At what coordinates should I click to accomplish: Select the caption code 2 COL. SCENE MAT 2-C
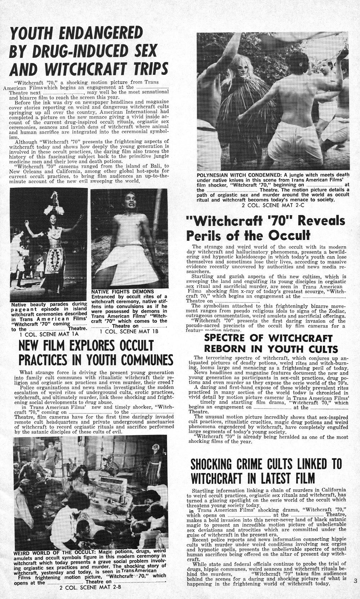tap(273, 205)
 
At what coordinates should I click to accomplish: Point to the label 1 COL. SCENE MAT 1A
tap(49, 334)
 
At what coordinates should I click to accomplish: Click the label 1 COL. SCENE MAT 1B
tap(129, 331)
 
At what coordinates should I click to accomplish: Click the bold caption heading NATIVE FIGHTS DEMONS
tap(123, 291)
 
